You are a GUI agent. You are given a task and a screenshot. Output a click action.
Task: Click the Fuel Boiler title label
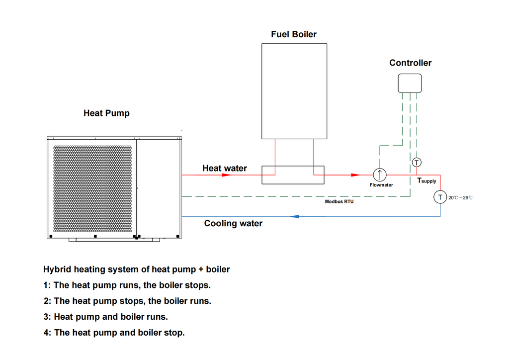click(293, 34)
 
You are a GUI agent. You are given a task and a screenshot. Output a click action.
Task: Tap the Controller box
click(410, 83)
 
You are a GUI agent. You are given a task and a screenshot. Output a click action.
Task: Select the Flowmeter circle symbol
click(380, 175)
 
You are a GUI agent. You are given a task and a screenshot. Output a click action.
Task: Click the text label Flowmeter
click(381, 185)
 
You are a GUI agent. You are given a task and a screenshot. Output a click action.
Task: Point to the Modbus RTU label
click(340, 202)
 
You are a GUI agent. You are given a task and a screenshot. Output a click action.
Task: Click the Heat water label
click(224, 169)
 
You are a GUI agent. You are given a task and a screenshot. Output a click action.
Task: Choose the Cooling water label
click(233, 223)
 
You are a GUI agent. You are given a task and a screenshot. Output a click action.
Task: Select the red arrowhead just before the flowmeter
click(354, 175)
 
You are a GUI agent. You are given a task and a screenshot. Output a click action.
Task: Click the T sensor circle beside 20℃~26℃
click(440, 197)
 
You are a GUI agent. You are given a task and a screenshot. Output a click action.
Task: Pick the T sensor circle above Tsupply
click(417, 162)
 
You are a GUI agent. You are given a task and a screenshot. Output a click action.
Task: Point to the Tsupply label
click(426, 181)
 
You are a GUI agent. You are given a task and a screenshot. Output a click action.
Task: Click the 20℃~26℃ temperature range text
click(460, 198)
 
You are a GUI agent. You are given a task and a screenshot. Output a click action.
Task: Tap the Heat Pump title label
click(106, 113)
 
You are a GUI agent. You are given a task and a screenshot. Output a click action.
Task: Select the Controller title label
click(410, 63)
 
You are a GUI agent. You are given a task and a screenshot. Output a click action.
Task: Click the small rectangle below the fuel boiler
click(293, 175)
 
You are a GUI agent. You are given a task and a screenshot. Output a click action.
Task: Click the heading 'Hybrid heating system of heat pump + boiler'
click(137, 270)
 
